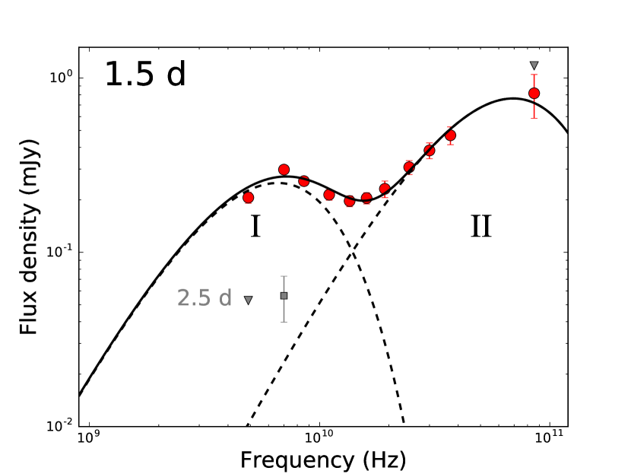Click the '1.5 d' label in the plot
click(x=144, y=75)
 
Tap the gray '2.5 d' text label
click(x=205, y=297)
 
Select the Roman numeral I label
click(x=255, y=227)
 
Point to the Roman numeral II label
click(x=480, y=227)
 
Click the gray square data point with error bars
click(x=284, y=295)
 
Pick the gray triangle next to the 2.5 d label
click(x=248, y=300)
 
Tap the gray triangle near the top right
click(x=534, y=65)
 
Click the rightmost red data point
click(x=534, y=94)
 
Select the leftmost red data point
click(x=248, y=197)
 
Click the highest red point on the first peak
click(x=284, y=170)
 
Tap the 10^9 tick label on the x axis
click(x=90, y=440)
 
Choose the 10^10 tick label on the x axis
click(x=319, y=440)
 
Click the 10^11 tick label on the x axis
click(x=549, y=440)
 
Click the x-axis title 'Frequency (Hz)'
click(x=322, y=460)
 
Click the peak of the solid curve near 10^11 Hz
click(x=514, y=98)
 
